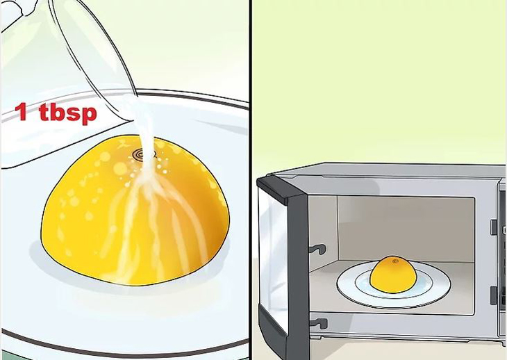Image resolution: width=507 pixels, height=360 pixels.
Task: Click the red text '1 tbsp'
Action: (x=56, y=112)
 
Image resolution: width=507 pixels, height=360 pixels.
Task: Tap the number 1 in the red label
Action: (x=22, y=111)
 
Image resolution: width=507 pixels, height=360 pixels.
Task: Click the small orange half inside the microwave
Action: (x=392, y=273)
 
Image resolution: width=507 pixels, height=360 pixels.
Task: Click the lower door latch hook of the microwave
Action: (x=317, y=322)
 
